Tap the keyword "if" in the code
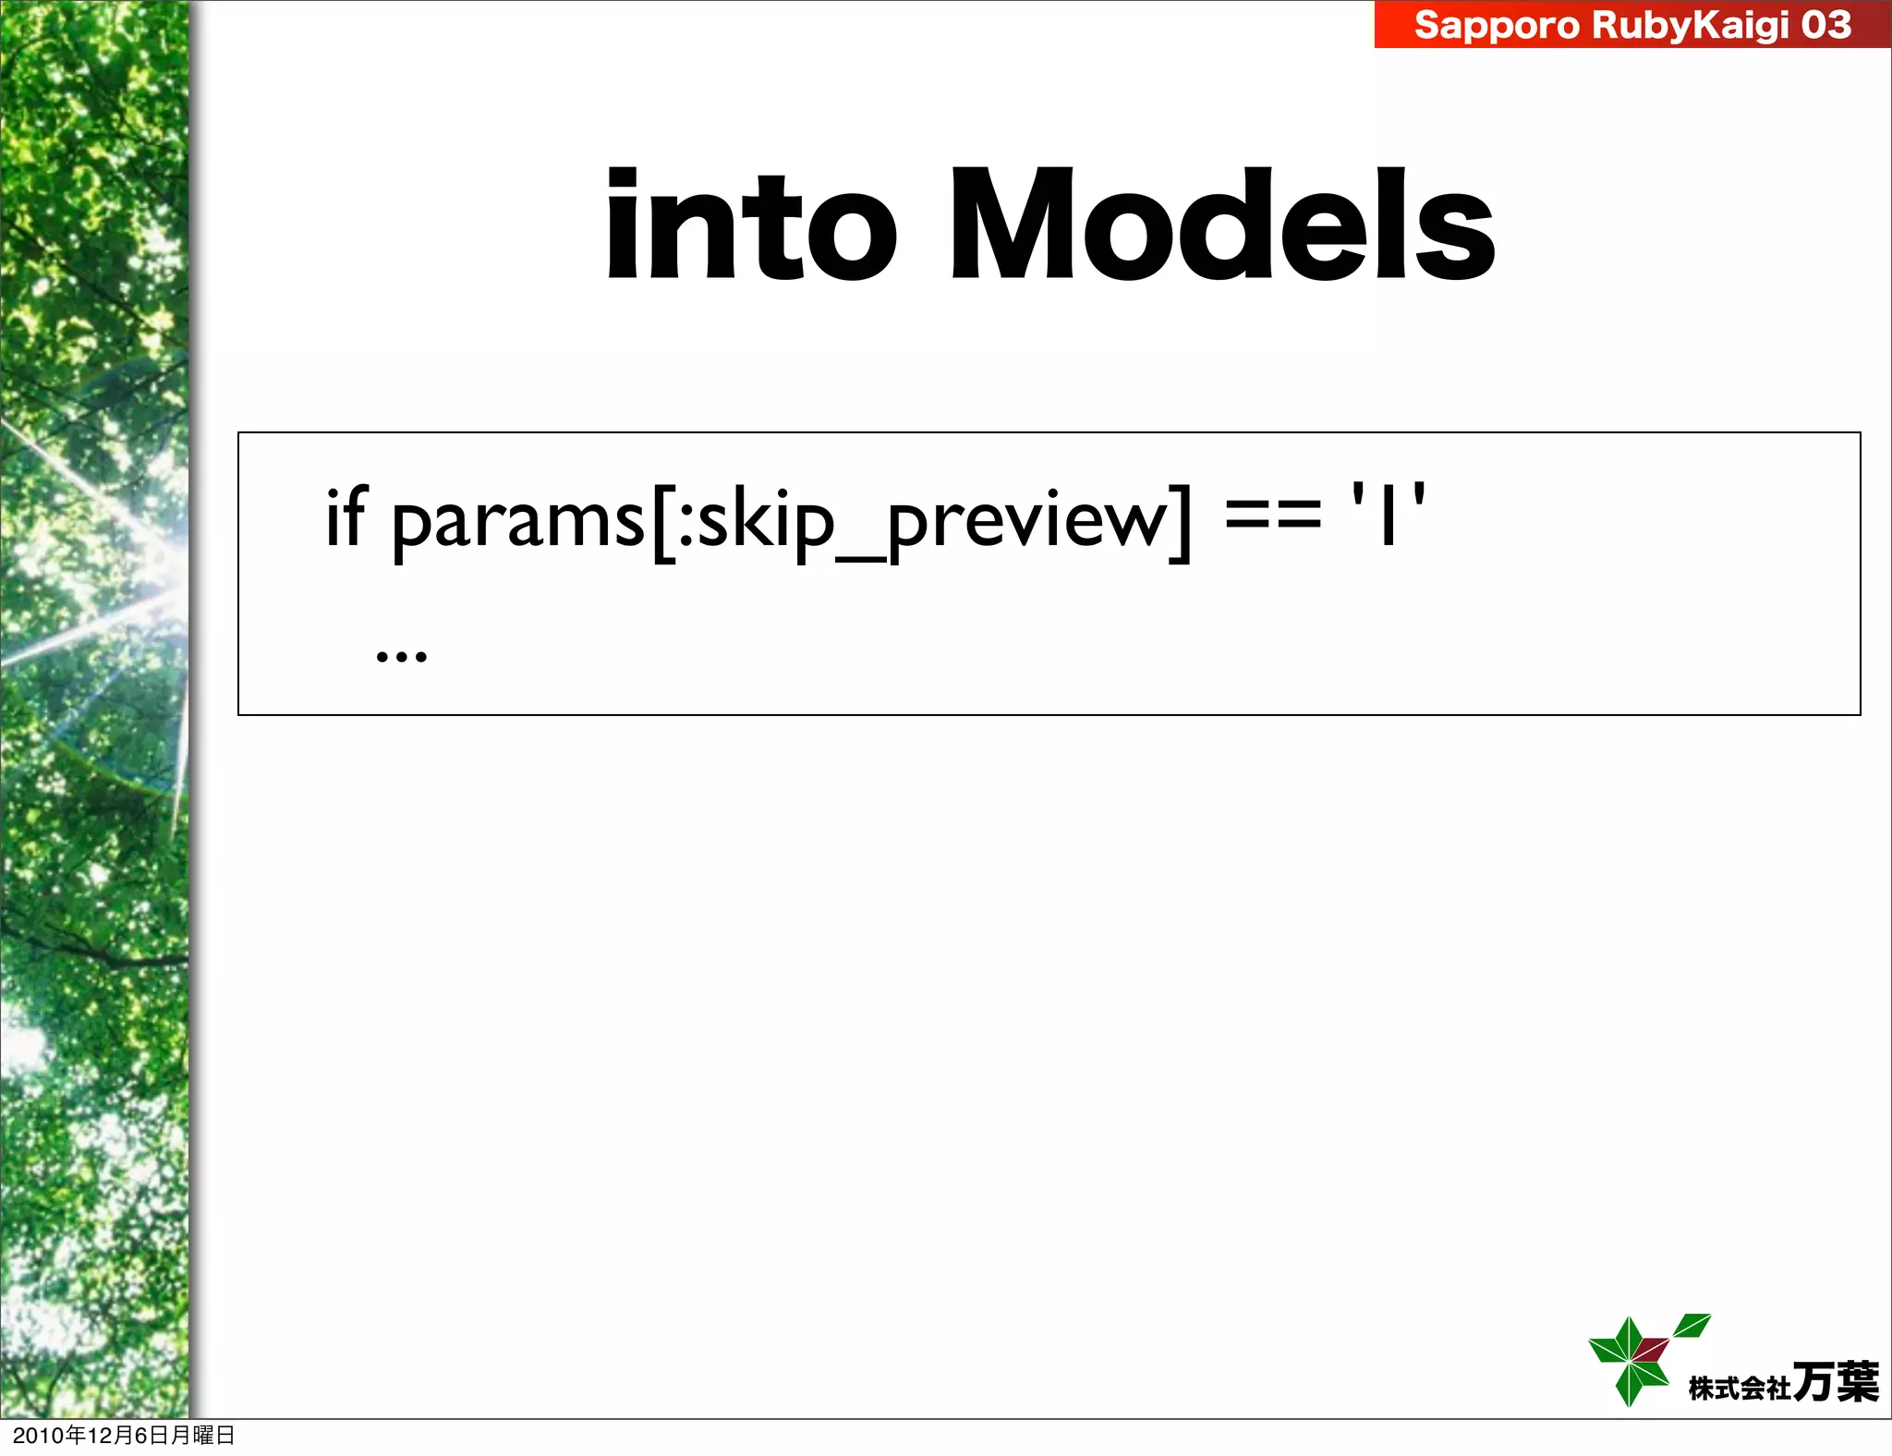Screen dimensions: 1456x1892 (x=346, y=517)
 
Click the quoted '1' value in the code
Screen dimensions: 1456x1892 (x=1388, y=516)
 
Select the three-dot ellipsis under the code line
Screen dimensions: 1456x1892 (x=402, y=656)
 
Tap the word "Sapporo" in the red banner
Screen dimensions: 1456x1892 (x=1496, y=25)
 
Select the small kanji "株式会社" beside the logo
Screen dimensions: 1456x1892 (x=1739, y=1389)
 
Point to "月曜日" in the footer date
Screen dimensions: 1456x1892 (x=203, y=1436)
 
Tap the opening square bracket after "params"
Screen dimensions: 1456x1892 (x=661, y=521)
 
